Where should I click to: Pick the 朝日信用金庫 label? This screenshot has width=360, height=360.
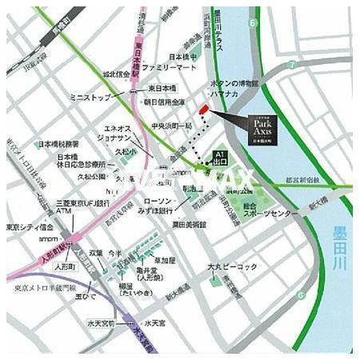click(169, 102)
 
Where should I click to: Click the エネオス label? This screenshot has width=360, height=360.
click(118, 126)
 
